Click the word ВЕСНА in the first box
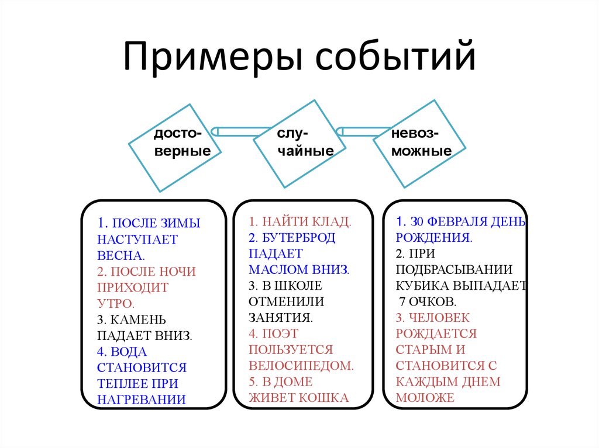pos(121,256)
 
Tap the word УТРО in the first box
pos(115,304)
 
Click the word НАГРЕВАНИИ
pos(142,400)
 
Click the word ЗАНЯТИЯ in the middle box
pos(280,318)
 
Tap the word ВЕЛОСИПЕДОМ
pos(301,366)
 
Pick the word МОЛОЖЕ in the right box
pos(425,398)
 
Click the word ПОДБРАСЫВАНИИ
pos(454,270)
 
